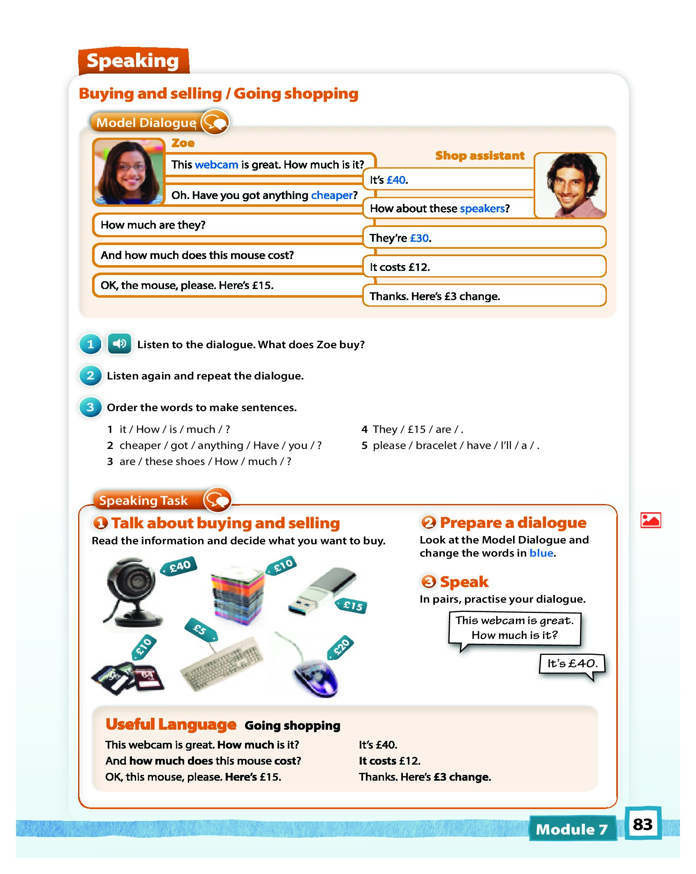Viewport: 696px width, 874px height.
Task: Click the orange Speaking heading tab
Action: click(133, 61)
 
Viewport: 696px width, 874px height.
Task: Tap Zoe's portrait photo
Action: click(128, 172)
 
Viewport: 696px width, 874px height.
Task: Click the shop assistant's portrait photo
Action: click(571, 185)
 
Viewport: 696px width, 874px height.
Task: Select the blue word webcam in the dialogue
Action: click(216, 165)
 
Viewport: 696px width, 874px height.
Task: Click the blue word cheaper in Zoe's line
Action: click(332, 195)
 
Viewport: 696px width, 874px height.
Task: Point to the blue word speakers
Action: click(482, 209)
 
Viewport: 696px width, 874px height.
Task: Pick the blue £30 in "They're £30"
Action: click(419, 238)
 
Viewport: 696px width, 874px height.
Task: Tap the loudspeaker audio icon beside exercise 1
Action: click(119, 344)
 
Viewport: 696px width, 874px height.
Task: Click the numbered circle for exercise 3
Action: click(90, 407)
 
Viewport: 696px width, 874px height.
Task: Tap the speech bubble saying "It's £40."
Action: click(572, 664)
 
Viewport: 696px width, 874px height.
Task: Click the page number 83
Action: click(643, 824)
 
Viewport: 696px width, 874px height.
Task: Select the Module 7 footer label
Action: click(571, 829)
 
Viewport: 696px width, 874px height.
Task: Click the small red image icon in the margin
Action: click(650, 520)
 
